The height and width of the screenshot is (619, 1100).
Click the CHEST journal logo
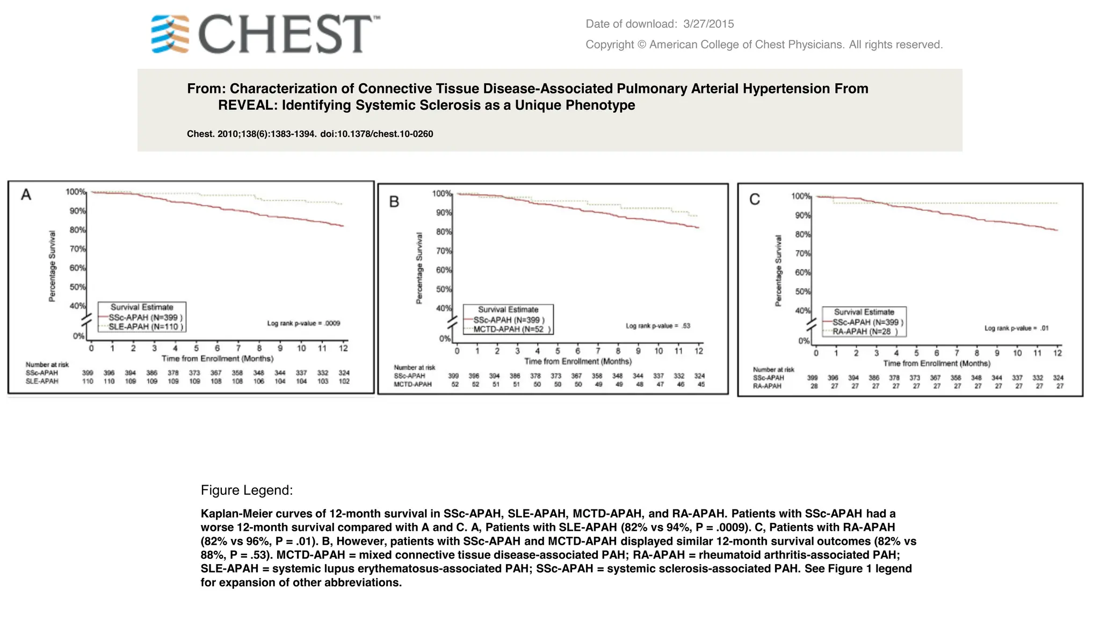pos(265,34)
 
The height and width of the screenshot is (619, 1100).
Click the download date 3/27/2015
pos(708,24)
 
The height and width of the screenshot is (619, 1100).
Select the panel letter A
pos(26,195)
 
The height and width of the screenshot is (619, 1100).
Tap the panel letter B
pos(394,202)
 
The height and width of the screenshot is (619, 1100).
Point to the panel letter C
pos(754,200)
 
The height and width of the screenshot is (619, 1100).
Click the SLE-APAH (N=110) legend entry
pos(145,327)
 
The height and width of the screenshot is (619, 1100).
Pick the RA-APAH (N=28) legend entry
pos(864,332)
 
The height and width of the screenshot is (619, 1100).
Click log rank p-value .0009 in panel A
pos(303,323)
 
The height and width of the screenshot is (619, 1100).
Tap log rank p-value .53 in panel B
pos(658,326)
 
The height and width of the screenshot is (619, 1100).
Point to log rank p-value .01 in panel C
pos(1016,328)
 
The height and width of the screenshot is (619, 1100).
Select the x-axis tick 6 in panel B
pos(577,351)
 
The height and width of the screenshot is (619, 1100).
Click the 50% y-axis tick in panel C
pos(802,292)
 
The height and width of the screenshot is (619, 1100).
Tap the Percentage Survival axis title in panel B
pos(419,268)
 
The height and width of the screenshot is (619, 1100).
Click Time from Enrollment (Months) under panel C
pos(936,363)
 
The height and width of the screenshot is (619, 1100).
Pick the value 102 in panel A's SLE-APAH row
pos(344,382)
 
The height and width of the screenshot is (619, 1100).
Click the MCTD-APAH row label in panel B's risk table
pos(412,384)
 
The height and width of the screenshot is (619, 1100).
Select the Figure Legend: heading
pos(247,490)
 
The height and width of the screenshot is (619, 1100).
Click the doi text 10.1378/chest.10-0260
pos(377,134)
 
